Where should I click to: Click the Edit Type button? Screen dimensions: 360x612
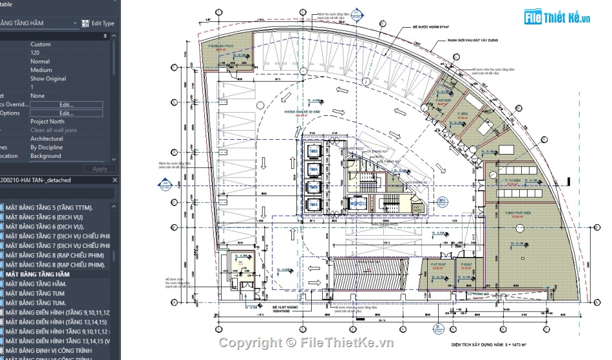[98, 23]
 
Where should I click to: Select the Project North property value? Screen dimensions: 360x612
[47, 122]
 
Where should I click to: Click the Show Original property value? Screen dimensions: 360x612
[48, 79]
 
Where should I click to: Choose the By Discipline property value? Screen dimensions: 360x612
[46, 147]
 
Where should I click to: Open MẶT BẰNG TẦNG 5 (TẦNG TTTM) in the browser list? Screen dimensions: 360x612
[49, 207]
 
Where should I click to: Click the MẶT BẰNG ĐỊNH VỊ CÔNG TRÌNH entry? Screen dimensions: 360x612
[49, 350]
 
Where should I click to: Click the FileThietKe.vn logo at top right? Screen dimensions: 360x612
[558, 17]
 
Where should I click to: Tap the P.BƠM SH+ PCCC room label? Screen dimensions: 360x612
[216, 47]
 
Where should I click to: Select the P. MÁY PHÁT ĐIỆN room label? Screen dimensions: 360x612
[517, 213]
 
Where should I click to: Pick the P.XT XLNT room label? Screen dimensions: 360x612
[438, 263]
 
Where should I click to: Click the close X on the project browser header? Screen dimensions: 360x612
[115, 180]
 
